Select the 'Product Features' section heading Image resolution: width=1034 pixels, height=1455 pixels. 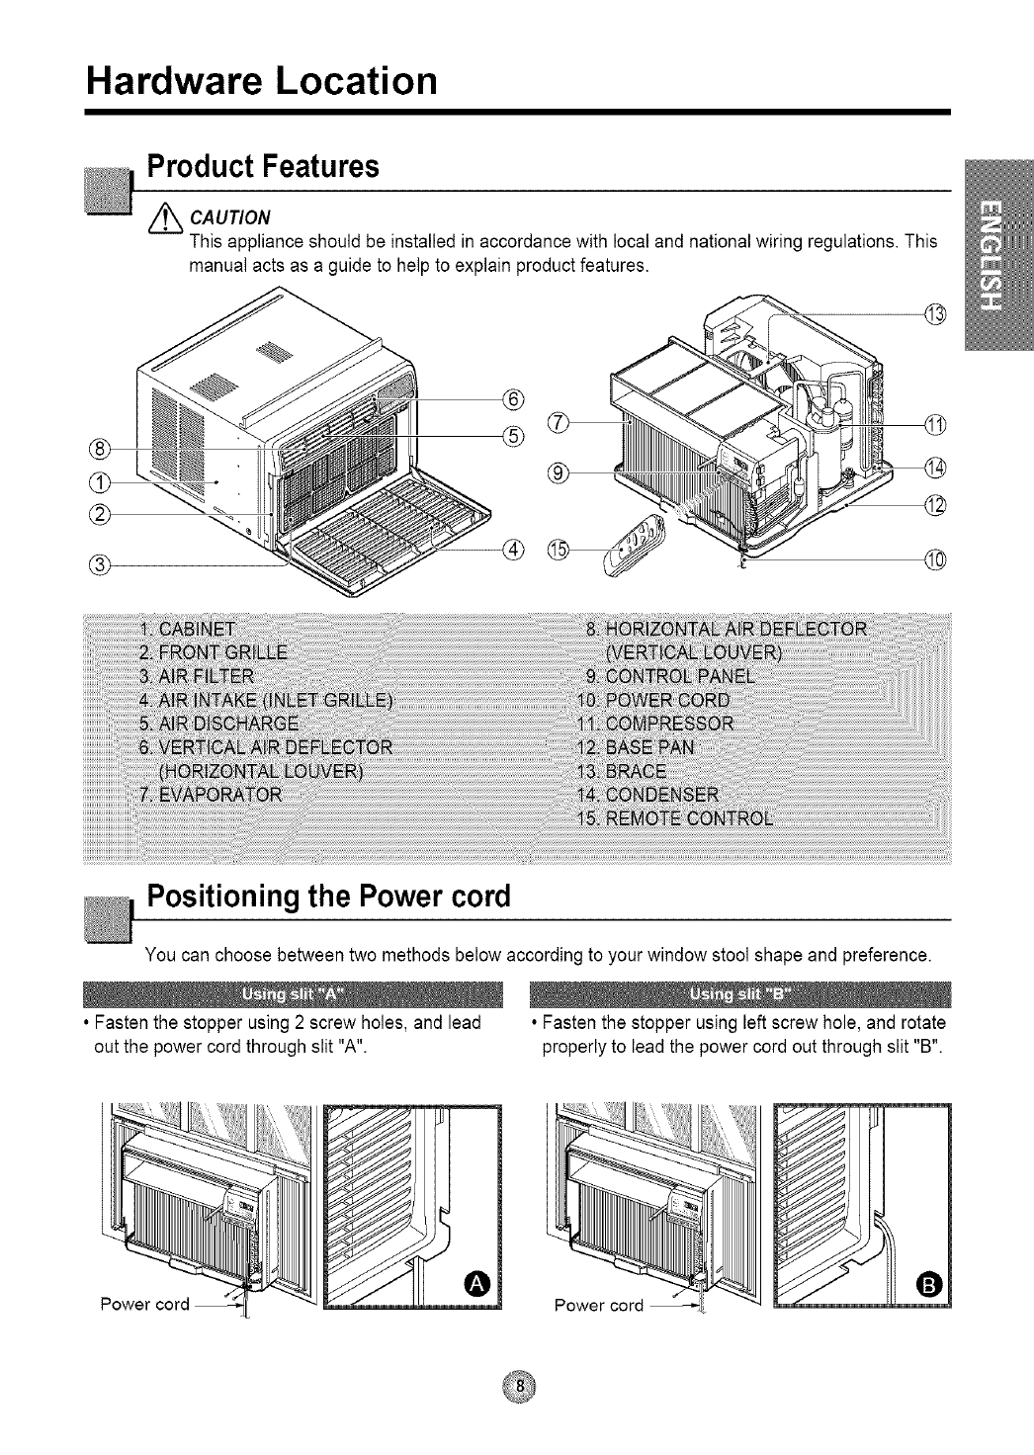263,166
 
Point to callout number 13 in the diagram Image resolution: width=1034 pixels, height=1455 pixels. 934,314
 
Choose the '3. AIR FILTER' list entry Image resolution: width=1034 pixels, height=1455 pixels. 197,676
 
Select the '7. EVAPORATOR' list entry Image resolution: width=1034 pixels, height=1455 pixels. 211,795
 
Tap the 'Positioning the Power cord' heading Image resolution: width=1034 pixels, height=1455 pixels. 328,898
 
